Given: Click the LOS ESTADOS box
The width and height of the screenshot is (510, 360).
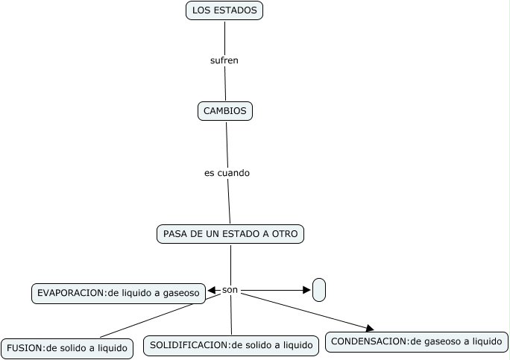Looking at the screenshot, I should (x=224, y=10).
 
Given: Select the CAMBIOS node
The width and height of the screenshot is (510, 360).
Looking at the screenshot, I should (x=224, y=111).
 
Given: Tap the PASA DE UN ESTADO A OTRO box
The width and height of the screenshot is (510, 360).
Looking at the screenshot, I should (x=230, y=234).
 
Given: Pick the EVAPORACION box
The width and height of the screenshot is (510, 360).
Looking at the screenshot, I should (x=118, y=293).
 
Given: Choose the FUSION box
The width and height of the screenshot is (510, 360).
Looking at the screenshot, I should (x=67, y=348).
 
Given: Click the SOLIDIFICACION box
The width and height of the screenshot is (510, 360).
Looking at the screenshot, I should (x=231, y=345).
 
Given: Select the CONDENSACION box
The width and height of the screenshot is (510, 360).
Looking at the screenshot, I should (x=416, y=342).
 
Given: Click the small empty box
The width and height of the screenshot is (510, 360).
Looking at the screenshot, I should (x=319, y=290).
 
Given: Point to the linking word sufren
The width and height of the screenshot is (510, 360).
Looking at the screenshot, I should (x=224, y=60).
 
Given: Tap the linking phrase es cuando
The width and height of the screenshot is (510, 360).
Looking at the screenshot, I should (x=227, y=173).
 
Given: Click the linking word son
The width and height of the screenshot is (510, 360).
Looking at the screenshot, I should (x=230, y=289).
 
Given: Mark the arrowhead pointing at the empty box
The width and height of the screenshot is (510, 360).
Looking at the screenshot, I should (x=307, y=290).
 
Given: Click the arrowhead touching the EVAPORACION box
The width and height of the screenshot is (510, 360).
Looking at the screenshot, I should (x=212, y=291).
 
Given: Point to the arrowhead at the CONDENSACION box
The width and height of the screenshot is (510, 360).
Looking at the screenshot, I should (x=369, y=327).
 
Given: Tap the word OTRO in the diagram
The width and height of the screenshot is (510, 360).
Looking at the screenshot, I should (x=286, y=234).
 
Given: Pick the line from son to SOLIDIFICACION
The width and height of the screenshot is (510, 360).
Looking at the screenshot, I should (x=231, y=317).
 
